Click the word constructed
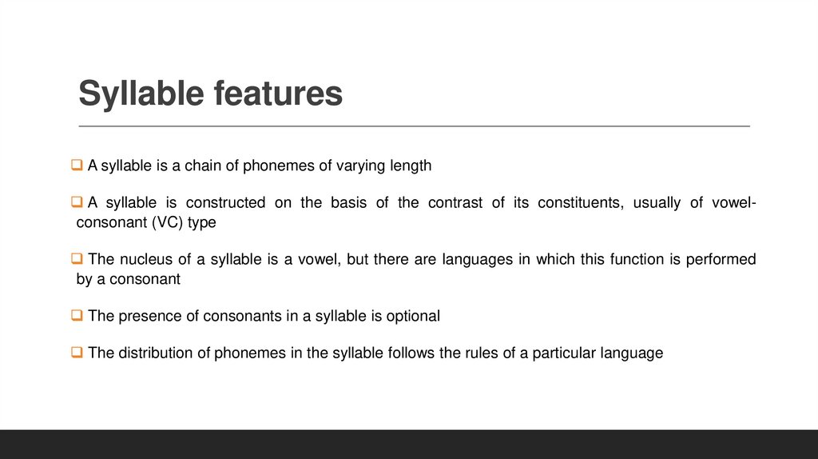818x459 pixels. (226, 202)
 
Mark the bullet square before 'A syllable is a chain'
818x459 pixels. (77, 166)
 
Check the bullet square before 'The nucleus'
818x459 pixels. (77, 259)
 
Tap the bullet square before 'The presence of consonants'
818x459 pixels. (77, 316)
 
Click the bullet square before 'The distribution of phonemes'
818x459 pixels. (77, 353)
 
